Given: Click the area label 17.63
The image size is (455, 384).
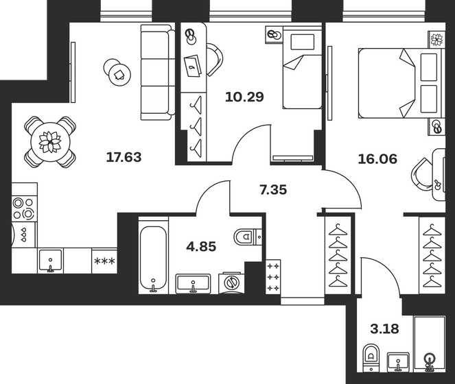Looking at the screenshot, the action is (124, 157).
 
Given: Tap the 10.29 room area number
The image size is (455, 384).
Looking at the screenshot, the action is (244, 97).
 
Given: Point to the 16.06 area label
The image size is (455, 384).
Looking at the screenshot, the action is (377, 159).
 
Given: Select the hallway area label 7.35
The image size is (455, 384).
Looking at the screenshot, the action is (273, 190).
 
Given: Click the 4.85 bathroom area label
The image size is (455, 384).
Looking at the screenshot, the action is (201, 247).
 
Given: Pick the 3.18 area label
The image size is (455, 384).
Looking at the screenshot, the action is (384, 329).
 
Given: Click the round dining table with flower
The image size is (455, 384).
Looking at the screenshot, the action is (50, 142).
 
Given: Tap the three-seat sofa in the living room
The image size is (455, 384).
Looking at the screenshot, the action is (158, 72).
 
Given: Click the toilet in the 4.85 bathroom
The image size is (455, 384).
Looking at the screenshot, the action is (247, 237).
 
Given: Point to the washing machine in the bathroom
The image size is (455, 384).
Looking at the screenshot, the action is (231, 283).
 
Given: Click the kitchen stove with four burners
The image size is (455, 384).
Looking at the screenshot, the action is (25, 208).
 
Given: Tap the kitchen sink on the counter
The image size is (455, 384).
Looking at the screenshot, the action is (51, 261).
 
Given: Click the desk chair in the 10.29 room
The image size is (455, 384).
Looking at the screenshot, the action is (215, 60).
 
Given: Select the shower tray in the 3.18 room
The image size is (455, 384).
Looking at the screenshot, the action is (430, 344).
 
